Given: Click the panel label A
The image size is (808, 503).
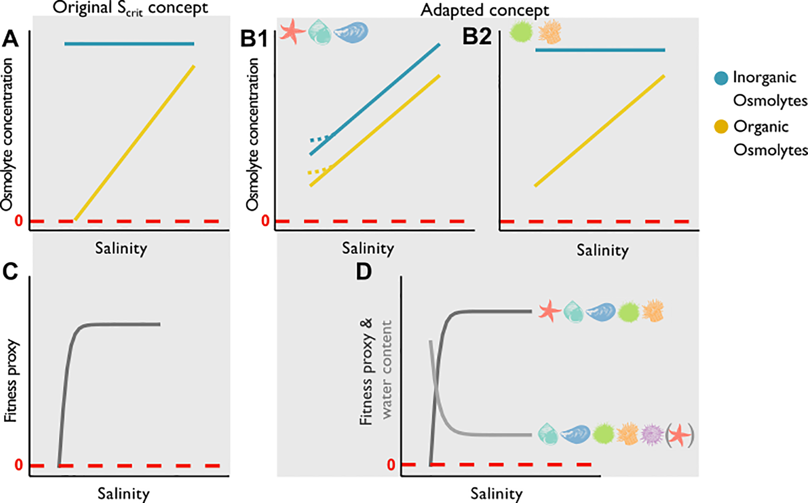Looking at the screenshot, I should click(x=10, y=39).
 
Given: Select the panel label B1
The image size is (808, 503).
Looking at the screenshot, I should click(x=254, y=39).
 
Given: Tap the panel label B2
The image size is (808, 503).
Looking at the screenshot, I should click(x=477, y=37).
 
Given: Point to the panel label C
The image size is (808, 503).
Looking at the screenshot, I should click(x=10, y=272).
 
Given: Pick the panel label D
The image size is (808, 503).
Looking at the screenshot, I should click(x=363, y=272).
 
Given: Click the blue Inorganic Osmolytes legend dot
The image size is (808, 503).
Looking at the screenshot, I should click(x=721, y=78).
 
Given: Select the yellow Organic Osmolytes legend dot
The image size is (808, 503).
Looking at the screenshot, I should click(x=721, y=127).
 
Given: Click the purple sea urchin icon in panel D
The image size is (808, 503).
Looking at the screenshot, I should click(x=652, y=435).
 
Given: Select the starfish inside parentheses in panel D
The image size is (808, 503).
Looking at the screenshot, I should click(x=680, y=435).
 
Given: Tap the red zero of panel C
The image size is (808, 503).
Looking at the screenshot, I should click(x=19, y=465).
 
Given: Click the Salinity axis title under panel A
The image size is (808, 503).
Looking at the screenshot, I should click(x=121, y=248).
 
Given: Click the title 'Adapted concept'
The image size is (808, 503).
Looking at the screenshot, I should click(x=485, y=10).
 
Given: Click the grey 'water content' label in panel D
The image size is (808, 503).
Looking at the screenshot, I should click(x=387, y=369).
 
